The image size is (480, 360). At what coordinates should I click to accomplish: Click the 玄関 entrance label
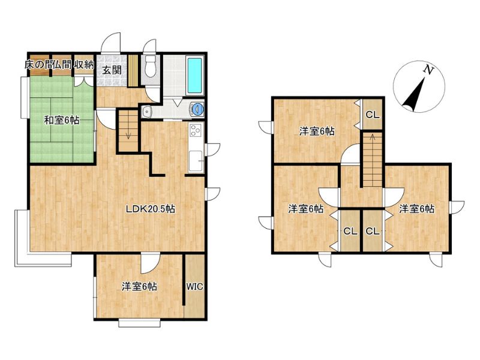(x=112, y=70)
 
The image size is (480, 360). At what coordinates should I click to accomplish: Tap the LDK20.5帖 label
(x=151, y=209)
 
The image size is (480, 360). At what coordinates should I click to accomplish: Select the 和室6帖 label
(x=62, y=120)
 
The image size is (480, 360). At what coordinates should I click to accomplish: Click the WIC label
(x=194, y=287)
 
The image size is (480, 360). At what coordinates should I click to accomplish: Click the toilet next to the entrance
(x=151, y=66)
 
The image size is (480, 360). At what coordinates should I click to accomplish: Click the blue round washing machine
(x=197, y=109)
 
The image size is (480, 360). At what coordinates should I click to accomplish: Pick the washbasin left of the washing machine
(x=148, y=111)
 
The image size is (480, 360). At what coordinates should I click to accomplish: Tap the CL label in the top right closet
(x=373, y=115)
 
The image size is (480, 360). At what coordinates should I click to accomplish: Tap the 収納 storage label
(x=83, y=65)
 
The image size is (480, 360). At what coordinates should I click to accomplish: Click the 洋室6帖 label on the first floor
(x=140, y=287)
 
